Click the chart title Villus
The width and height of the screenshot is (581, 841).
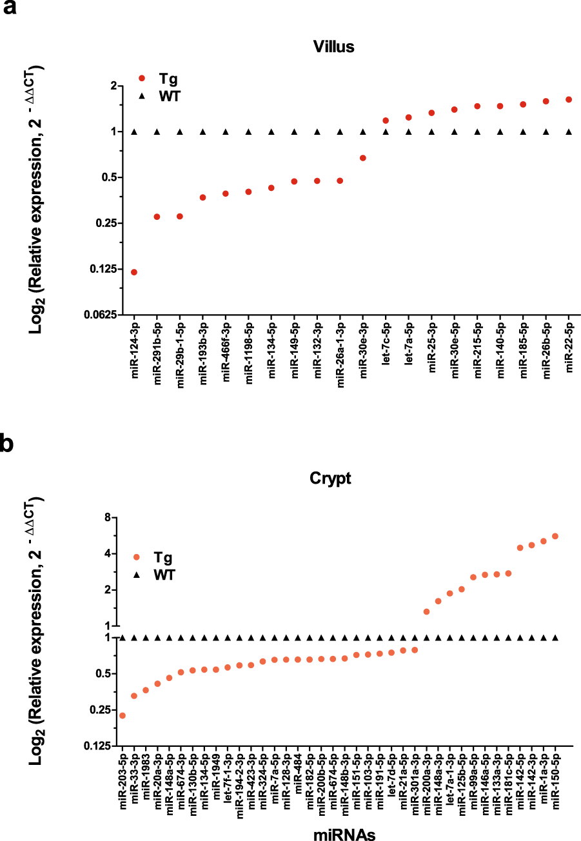(333, 46)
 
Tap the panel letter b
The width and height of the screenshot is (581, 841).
(8, 445)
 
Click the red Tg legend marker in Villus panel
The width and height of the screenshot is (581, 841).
(143, 79)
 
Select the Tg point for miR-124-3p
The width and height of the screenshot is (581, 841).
(134, 272)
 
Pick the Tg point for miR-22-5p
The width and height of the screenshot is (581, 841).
(569, 99)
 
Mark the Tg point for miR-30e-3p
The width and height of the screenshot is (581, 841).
(363, 158)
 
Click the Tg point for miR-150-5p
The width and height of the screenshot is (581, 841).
(555, 536)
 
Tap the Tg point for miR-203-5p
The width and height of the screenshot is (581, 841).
(123, 715)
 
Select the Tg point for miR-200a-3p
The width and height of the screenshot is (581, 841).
(426, 611)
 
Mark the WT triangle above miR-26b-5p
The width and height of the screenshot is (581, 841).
(546, 132)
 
